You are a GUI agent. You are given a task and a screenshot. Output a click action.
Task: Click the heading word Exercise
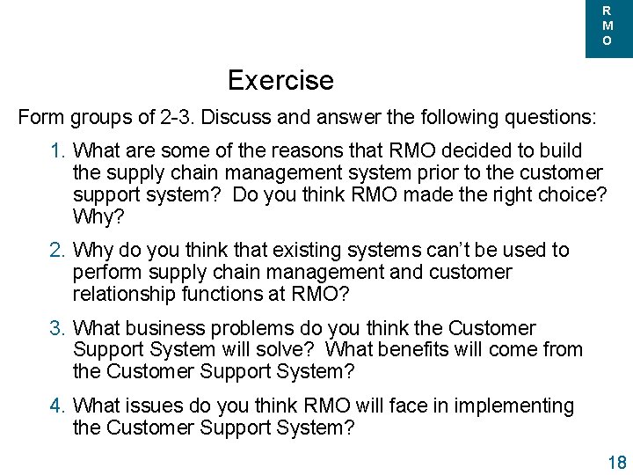tap(280, 80)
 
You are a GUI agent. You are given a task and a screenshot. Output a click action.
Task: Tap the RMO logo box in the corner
tap(608, 27)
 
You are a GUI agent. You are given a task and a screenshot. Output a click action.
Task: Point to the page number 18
tap(616, 463)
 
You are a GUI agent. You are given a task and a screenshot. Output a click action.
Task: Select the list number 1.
tap(57, 151)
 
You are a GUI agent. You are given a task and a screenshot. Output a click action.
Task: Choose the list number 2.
tap(57, 251)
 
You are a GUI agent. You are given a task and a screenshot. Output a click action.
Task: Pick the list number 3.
tap(57, 329)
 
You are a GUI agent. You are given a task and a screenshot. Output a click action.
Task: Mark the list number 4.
tap(57, 406)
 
